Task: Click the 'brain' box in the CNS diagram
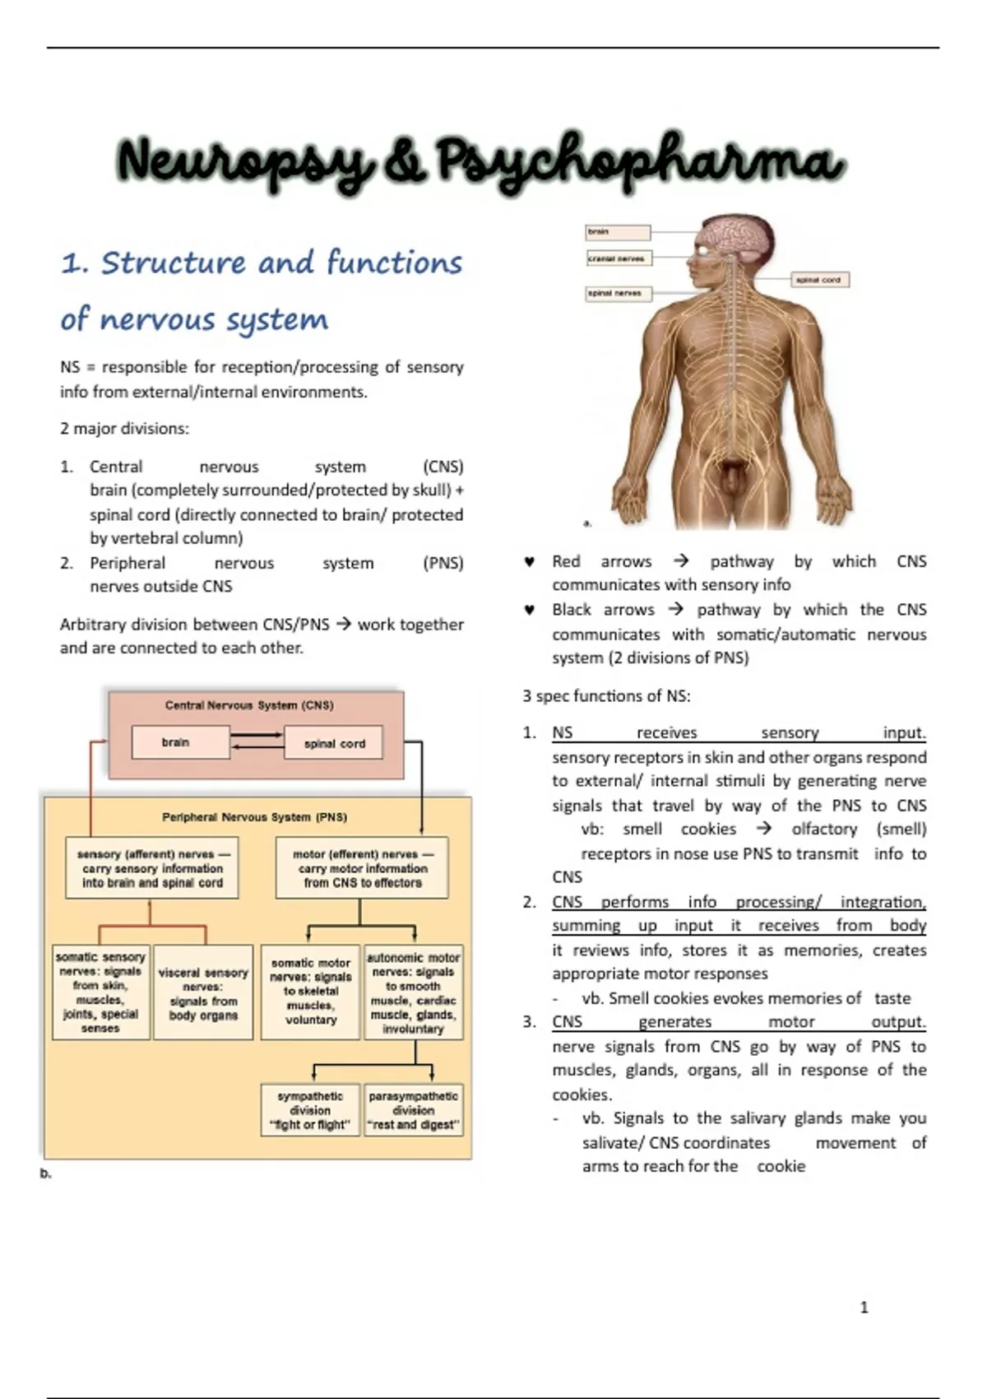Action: click(180, 742)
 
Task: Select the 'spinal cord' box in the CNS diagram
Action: click(333, 742)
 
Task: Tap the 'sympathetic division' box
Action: click(310, 1110)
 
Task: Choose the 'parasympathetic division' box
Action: click(413, 1110)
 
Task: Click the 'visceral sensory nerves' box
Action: click(203, 992)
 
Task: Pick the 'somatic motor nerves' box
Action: click(310, 992)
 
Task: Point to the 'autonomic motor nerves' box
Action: click(413, 992)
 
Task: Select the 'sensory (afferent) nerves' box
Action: click(151, 867)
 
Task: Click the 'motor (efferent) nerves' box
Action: click(362, 867)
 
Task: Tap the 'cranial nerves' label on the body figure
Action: click(619, 258)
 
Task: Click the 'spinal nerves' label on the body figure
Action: click(618, 294)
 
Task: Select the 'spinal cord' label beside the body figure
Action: click(820, 280)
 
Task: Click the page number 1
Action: click(864, 1307)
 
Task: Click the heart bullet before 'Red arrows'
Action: click(530, 562)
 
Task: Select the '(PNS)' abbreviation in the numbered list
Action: click(443, 564)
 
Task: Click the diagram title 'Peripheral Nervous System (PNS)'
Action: click(255, 817)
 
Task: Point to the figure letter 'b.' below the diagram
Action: click(45, 1174)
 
